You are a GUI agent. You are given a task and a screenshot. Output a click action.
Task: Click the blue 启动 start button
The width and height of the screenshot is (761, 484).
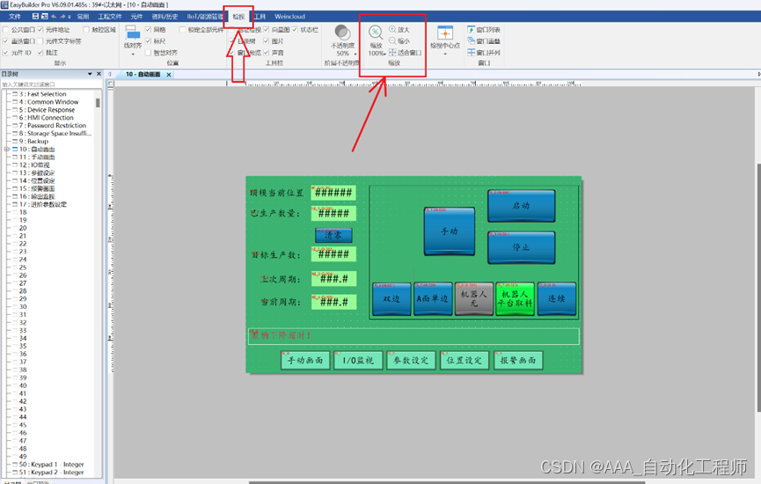[x=521, y=206]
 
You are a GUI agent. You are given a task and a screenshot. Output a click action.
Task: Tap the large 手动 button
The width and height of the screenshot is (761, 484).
[x=449, y=231]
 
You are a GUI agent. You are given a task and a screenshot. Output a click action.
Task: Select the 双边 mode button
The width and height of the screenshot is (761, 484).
[x=391, y=299]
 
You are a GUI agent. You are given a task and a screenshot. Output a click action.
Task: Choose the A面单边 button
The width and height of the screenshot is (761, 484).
[x=433, y=299]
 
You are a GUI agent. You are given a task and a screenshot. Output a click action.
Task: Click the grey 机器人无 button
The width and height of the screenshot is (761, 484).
[x=473, y=299]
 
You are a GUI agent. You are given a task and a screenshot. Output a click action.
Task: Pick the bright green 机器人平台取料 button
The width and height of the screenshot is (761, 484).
[x=515, y=299]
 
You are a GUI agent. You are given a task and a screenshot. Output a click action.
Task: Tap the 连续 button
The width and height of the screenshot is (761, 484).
[x=556, y=299]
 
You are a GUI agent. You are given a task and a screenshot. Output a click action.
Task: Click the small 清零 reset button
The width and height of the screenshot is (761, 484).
[x=333, y=235]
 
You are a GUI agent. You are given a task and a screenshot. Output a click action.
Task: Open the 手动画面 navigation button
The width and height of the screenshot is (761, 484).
[x=304, y=360]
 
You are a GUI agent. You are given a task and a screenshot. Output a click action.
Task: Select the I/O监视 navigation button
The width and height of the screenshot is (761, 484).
[x=357, y=360]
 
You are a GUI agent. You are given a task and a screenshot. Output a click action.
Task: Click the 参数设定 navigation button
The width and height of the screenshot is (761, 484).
[x=410, y=360]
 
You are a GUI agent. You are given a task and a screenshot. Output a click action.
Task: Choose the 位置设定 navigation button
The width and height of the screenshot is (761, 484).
[x=464, y=360]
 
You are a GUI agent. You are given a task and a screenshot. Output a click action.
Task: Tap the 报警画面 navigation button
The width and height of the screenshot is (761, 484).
[x=518, y=360]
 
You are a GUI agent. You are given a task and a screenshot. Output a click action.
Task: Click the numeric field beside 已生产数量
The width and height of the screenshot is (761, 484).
[x=333, y=214]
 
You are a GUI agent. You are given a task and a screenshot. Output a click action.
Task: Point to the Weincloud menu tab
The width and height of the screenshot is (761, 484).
[x=289, y=17]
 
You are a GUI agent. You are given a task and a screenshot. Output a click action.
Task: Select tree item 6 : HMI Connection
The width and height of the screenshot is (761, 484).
[x=50, y=118]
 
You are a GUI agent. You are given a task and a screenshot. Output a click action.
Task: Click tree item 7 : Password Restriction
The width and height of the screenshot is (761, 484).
[x=56, y=126]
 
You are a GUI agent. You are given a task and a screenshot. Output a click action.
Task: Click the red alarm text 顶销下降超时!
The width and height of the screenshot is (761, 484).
[x=282, y=335]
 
